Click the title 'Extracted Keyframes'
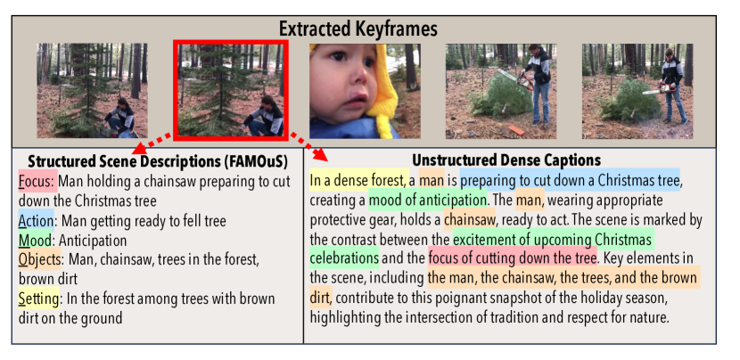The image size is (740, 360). (358, 29)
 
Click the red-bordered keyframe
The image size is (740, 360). (231, 90)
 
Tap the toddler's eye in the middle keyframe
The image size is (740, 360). (336, 57)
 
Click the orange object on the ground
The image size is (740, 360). (516, 131)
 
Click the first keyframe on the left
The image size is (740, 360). (93, 91)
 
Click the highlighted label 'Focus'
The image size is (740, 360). (37, 181)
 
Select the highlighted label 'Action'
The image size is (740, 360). (37, 220)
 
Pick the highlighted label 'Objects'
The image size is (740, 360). (39, 260)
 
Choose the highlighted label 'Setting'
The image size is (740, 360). (38, 299)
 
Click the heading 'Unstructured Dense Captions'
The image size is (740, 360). (506, 160)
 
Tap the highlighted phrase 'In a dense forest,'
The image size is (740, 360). (359, 180)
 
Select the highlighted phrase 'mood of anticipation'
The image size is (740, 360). (428, 200)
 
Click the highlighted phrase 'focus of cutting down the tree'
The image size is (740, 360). (513, 258)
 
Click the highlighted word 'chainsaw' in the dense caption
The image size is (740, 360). (470, 219)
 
